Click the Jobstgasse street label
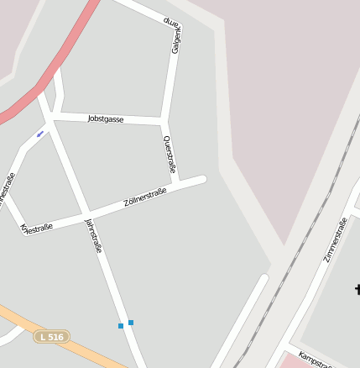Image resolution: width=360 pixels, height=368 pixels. pos(106,119)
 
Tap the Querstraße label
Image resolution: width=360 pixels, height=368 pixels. pos(170,155)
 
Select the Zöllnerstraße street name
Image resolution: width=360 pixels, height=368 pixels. pos(145,197)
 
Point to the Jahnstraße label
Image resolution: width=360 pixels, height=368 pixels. pos(93,235)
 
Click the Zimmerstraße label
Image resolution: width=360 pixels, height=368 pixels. pos(335,239)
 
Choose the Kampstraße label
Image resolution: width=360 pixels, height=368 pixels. pos(316,359)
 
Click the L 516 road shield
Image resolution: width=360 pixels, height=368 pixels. pos(51,337)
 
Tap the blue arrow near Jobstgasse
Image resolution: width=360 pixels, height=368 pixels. pos(39,134)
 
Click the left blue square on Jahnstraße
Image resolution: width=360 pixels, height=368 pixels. pos(121,325)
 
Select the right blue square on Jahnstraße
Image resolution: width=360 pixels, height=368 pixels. pos(131,322)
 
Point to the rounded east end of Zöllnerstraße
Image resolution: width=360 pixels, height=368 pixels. pos(201,180)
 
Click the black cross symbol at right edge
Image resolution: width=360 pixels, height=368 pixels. pos(357,290)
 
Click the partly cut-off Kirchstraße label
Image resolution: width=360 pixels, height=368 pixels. pos(36,228)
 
